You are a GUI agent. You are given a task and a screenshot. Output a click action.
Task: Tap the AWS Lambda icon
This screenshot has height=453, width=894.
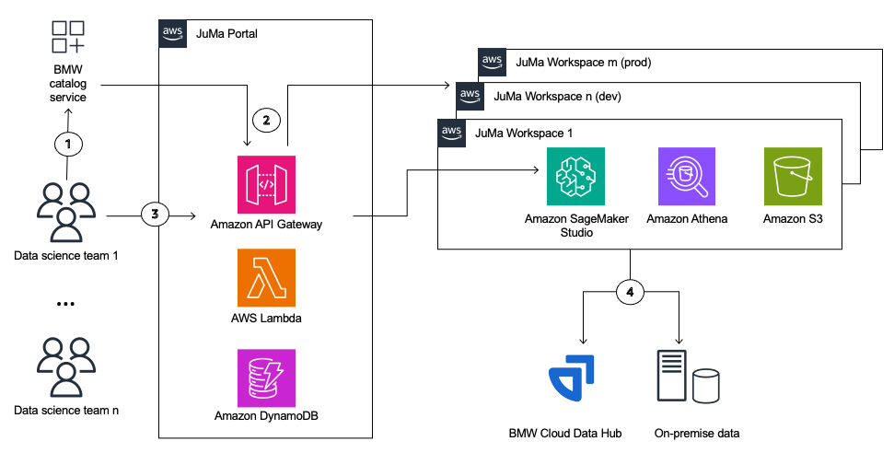(265, 278)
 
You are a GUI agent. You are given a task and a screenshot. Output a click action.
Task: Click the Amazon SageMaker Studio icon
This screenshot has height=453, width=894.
(576, 178)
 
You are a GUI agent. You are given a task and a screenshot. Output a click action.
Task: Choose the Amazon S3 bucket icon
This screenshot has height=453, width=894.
(794, 178)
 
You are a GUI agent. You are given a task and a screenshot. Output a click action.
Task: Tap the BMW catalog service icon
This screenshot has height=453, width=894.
(68, 37)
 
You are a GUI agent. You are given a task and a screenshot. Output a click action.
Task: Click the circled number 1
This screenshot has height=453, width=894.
(68, 145)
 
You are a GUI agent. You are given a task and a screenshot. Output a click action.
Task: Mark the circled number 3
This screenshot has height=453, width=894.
(154, 215)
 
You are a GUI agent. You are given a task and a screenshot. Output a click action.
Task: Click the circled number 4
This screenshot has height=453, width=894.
(630, 292)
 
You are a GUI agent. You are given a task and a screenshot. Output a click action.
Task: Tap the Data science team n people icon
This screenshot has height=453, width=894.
(65, 366)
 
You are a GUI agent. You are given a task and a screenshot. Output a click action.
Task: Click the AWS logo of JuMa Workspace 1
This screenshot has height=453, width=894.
(451, 132)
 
